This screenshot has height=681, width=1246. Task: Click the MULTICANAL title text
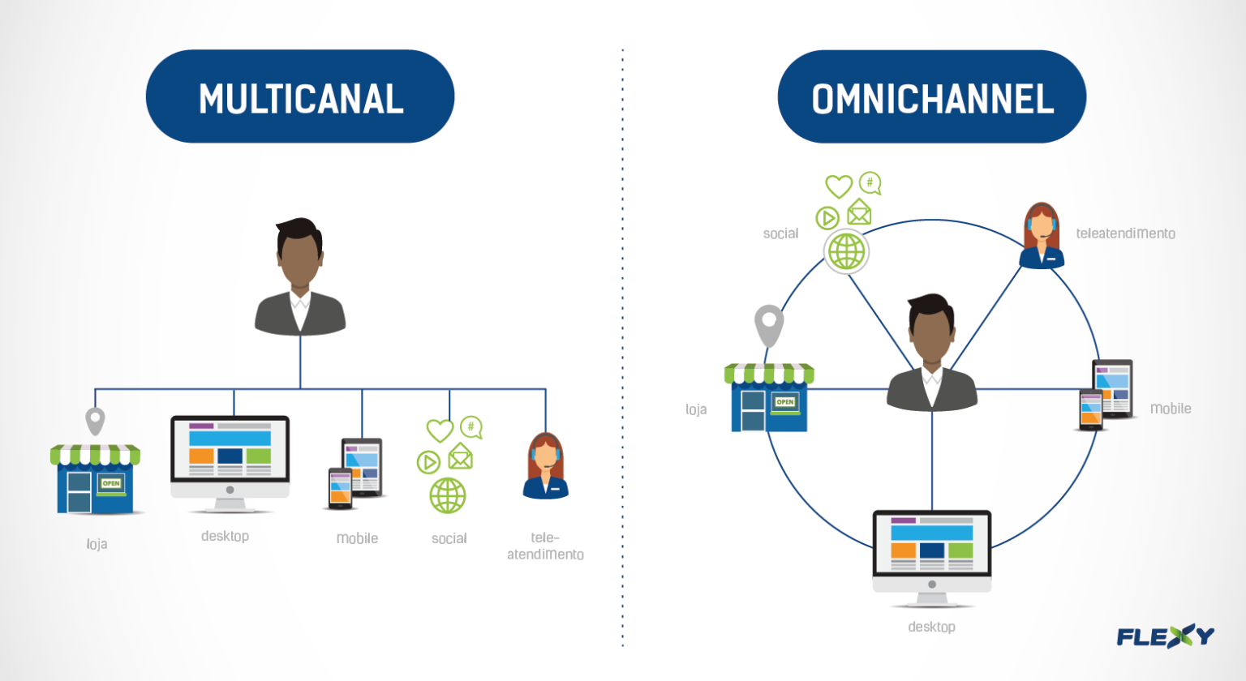point(301,99)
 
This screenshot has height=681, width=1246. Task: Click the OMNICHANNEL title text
point(932,99)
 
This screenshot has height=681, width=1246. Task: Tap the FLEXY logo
point(1165,636)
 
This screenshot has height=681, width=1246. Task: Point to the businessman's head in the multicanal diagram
point(299,253)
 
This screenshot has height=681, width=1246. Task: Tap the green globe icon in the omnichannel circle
point(846,251)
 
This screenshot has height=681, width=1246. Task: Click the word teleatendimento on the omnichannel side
point(1125,233)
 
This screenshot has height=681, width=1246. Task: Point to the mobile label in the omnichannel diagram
point(1170,409)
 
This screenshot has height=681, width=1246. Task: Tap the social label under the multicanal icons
point(449,538)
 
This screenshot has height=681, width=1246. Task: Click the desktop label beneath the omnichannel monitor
point(931,627)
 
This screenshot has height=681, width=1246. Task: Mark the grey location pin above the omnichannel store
point(769,323)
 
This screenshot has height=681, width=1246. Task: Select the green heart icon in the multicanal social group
point(440,430)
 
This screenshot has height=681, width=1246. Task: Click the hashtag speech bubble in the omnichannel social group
point(870,183)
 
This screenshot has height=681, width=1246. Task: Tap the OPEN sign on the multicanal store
point(110,483)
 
